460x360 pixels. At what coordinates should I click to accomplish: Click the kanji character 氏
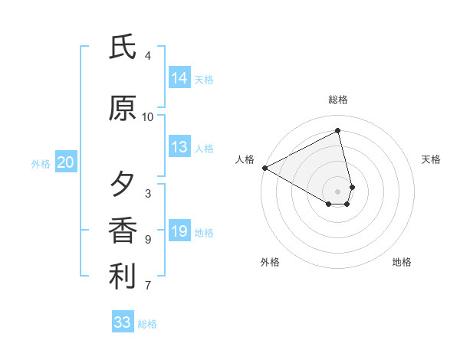point(123,47)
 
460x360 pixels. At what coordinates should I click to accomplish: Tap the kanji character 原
point(123,108)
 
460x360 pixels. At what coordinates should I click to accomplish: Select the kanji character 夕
point(123,185)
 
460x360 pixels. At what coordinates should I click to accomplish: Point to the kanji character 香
point(123,231)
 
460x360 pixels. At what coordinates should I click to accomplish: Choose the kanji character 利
point(123,277)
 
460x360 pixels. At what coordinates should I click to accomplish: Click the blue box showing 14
point(179,78)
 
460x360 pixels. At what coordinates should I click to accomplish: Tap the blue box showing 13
point(179,147)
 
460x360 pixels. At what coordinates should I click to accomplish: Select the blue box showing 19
point(179,231)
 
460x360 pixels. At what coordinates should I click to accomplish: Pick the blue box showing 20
point(66,162)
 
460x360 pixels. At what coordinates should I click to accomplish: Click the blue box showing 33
point(123,322)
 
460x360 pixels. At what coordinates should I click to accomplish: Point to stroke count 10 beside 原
point(148,116)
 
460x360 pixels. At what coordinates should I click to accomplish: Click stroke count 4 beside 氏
point(148,56)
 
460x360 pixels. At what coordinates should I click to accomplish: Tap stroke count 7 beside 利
point(148,286)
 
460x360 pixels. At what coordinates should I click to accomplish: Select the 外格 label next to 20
point(41,163)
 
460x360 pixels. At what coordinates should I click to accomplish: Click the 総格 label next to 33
point(147,324)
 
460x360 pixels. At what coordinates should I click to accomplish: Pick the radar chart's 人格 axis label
point(245,159)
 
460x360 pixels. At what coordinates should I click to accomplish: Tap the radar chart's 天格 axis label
point(431,159)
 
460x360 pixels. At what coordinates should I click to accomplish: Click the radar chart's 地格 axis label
point(402,262)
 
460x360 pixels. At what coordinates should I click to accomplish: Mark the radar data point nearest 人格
point(264,167)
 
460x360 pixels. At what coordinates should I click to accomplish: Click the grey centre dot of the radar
point(338,191)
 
